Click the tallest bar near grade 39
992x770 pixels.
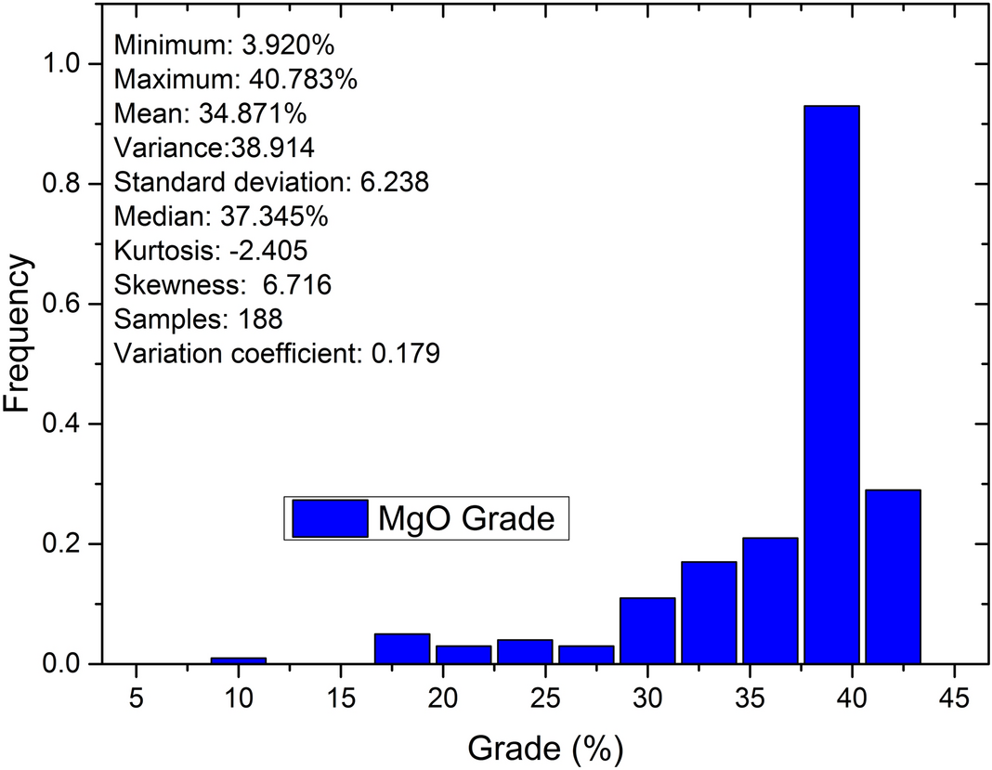point(831,385)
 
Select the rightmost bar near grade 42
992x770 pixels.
point(893,576)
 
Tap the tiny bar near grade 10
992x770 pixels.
point(238,660)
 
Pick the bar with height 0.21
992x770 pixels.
point(770,600)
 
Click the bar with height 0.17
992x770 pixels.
point(709,612)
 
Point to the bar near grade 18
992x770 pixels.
point(402,648)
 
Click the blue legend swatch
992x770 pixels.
point(329,518)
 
